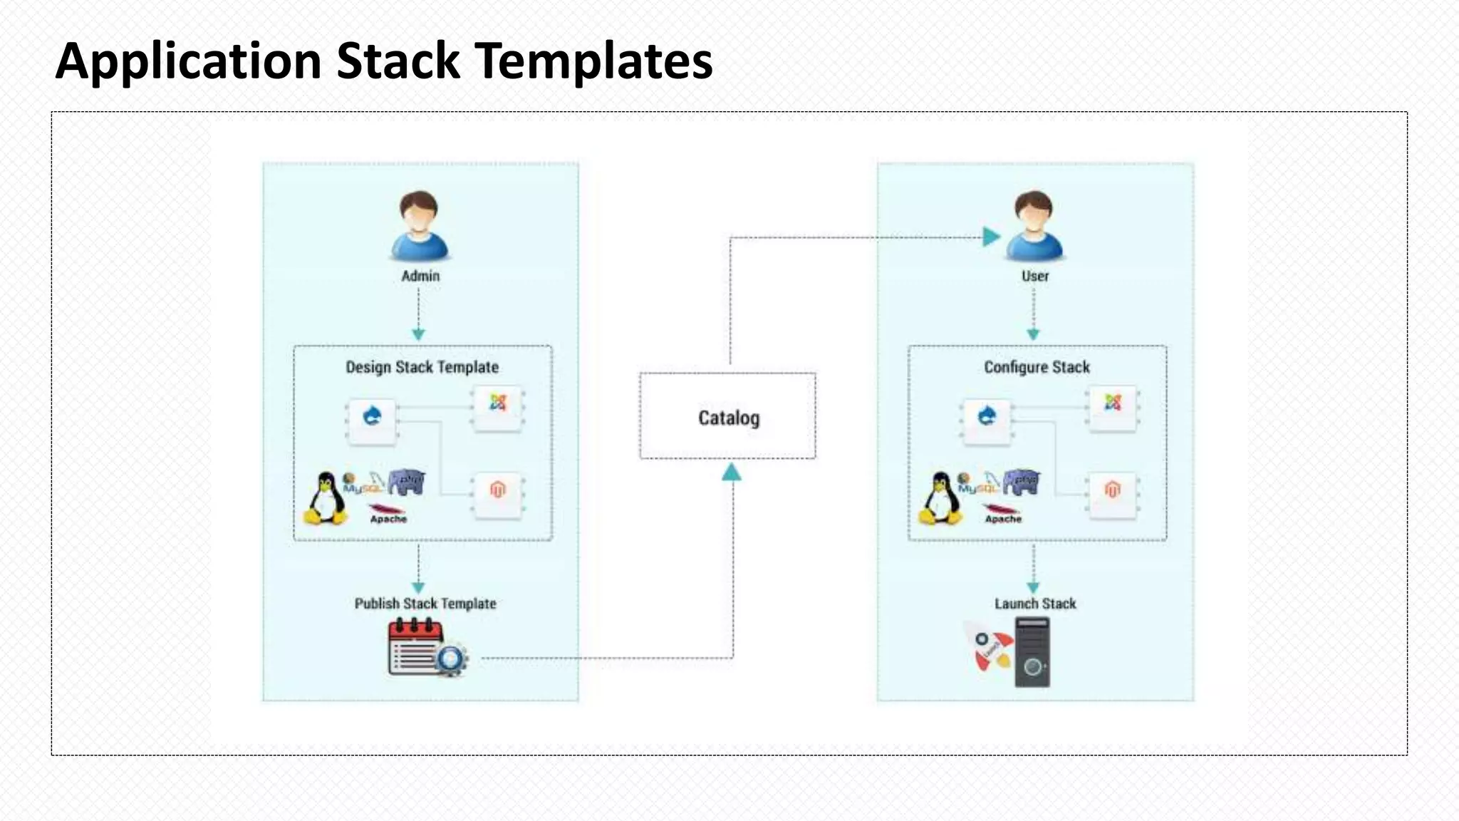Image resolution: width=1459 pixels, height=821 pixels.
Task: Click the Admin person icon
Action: (x=420, y=226)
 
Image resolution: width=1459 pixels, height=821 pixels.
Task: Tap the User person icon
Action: (x=1034, y=226)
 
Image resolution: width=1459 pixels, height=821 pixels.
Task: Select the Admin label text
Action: (x=420, y=276)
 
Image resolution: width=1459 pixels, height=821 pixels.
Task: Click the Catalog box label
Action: (x=728, y=418)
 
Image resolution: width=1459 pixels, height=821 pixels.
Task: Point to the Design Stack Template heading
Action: (x=422, y=367)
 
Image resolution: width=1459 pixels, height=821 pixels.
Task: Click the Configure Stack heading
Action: (x=1037, y=367)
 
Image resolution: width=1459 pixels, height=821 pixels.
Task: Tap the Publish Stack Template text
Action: (x=425, y=604)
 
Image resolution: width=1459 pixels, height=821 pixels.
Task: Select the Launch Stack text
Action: (x=1035, y=604)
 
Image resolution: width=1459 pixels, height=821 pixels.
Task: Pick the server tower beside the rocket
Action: (x=1032, y=652)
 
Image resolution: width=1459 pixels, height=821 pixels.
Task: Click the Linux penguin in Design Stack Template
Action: (x=326, y=498)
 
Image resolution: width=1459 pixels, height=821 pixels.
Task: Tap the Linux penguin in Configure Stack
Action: (x=940, y=498)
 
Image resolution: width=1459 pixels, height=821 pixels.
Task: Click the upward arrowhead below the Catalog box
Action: (x=732, y=472)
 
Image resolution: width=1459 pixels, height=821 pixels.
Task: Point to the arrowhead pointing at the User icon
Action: (x=990, y=237)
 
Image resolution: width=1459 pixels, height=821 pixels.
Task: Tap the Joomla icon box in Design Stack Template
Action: (x=498, y=408)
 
